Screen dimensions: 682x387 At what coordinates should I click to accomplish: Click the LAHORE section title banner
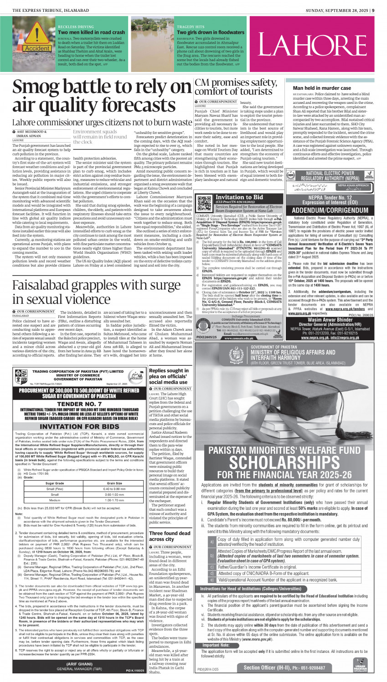(x=318, y=44)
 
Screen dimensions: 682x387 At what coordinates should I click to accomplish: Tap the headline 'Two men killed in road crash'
(x=91, y=32)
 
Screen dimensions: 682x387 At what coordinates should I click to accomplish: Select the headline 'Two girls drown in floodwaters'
(x=210, y=32)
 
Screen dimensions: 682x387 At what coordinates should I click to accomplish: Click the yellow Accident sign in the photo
(x=37, y=48)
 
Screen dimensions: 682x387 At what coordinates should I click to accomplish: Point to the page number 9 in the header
(x=373, y=10)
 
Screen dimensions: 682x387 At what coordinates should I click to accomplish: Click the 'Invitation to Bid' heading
(x=239, y=197)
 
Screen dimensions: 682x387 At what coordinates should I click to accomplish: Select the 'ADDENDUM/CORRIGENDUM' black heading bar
(x=331, y=210)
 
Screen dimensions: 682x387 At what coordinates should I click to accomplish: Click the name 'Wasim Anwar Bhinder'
(x=331, y=319)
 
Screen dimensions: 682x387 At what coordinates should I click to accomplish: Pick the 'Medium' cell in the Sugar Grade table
(x=55, y=500)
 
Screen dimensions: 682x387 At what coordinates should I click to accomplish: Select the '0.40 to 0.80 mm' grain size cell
(x=114, y=488)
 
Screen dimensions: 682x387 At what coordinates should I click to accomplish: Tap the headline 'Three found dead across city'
(x=170, y=536)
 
